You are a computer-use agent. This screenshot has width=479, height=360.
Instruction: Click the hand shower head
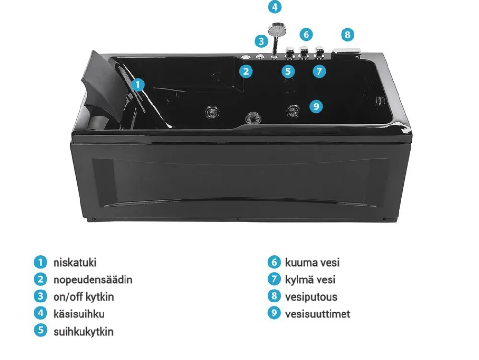coord(276,29)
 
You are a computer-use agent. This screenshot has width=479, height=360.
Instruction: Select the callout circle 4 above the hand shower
coord(274,7)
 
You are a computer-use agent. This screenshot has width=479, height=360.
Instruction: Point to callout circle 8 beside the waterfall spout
coord(347,34)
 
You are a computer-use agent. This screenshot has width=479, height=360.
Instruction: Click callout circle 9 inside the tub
coord(316,106)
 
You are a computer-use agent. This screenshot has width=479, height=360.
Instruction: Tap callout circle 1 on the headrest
coord(138,85)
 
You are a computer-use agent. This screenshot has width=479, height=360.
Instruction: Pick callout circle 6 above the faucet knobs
coord(307,34)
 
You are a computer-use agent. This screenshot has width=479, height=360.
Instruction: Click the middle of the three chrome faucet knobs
coord(303,52)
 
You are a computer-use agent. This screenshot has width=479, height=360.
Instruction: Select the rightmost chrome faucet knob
coord(319,52)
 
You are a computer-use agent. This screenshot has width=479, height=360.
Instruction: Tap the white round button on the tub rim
coord(246,57)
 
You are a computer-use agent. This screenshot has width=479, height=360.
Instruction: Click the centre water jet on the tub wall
coord(253,117)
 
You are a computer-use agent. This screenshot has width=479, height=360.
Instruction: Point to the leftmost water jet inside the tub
coord(211,112)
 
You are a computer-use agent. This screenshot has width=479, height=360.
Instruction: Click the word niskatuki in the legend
coord(75,263)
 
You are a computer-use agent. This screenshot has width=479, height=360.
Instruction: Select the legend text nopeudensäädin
coord(93,279)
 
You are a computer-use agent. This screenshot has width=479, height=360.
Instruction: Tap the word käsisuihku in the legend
coord(79,314)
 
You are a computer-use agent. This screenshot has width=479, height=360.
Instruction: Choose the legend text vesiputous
coord(311,297)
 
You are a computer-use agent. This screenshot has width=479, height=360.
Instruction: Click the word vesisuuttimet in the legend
coord(318,314)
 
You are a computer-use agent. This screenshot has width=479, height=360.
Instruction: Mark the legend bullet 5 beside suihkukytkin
coord(41,330)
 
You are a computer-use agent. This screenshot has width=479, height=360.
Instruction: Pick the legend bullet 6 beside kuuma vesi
coord(274,262)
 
